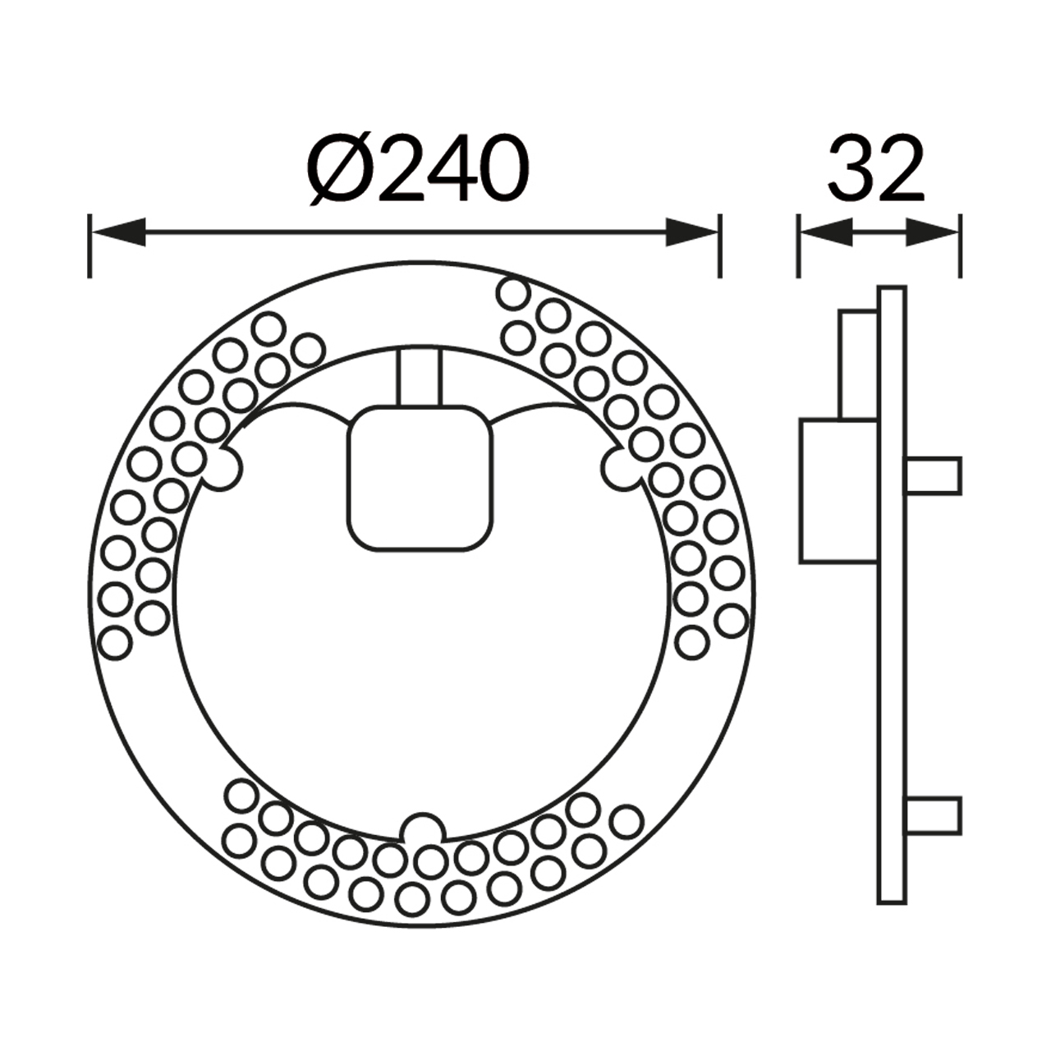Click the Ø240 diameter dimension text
point(418,168)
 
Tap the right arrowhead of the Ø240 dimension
point(691,232)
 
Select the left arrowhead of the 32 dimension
point(826,232)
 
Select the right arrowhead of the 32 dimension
point(932,232)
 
